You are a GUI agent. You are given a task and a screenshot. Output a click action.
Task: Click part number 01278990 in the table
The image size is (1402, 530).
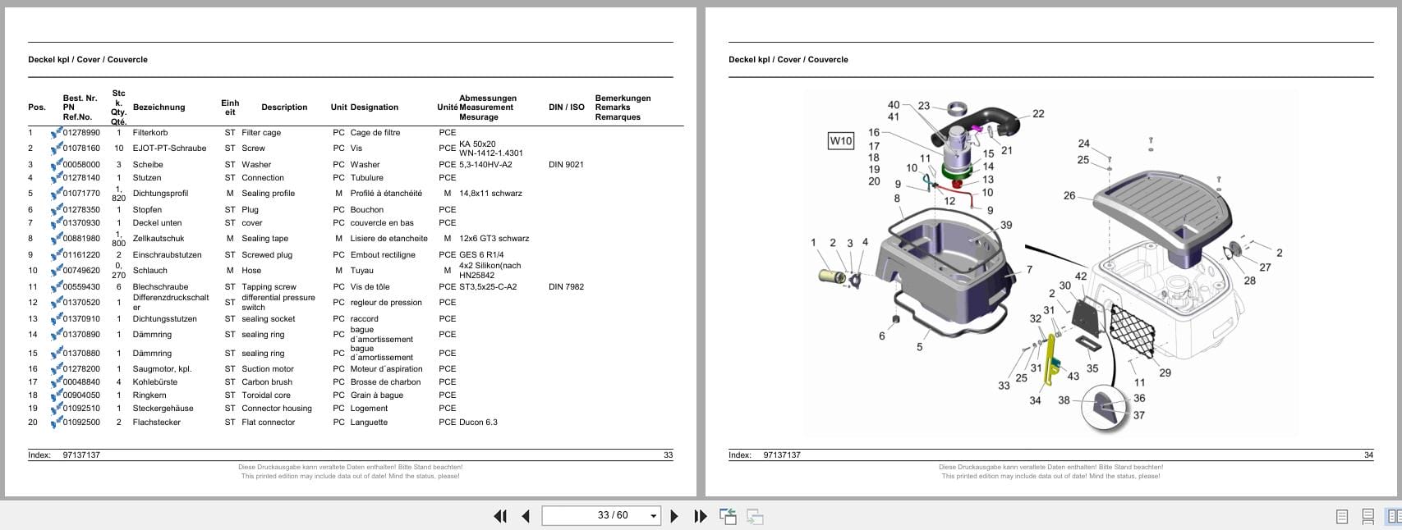coord(81,133)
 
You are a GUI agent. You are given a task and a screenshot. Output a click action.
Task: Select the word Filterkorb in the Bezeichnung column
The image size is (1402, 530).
coord(150,133)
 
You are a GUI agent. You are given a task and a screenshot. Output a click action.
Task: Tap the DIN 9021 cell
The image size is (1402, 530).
coord(566,165)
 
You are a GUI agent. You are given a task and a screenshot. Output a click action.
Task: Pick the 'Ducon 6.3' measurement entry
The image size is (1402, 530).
coord(478,423)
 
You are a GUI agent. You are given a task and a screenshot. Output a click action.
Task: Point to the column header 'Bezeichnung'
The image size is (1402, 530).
coord(159,107)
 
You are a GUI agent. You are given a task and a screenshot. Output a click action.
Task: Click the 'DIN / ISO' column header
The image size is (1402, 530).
coord(566,107)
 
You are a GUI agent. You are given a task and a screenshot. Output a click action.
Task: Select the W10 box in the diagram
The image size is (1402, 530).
coord(840,141)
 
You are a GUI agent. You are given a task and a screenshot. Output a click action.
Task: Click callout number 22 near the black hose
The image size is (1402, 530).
coord(1038,114)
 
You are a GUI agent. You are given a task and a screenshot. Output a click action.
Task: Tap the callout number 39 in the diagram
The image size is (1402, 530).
coord(1005,225)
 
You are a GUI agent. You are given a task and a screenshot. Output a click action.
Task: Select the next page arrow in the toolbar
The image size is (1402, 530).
coord(674,516)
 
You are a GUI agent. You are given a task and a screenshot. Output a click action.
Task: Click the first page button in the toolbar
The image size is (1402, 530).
coord(499,516)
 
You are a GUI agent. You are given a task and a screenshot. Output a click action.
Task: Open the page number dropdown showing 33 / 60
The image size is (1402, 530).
coord(654,516)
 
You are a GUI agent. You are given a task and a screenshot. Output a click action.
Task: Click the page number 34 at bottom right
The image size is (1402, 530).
coord(1368,455)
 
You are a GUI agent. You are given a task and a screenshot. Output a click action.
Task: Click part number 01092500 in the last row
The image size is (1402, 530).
coord(81,423)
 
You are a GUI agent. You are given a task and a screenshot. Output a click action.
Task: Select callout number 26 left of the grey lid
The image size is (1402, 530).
coord(1069,196)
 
